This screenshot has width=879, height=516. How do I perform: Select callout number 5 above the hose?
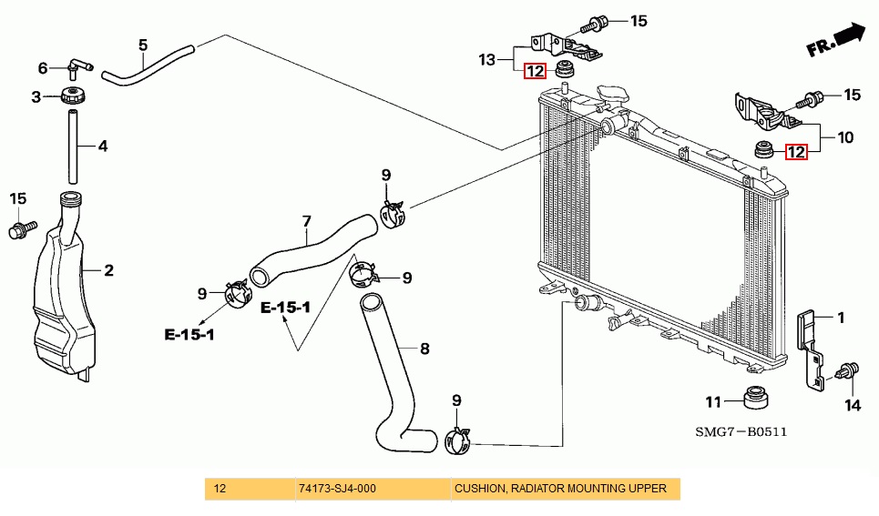(143, 45)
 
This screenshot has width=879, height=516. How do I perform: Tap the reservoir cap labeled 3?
(73, 95)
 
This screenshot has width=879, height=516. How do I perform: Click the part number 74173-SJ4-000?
(337, 489)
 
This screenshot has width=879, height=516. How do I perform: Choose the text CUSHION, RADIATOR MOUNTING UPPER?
(560, 489)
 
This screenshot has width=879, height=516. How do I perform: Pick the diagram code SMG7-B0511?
(741, 432)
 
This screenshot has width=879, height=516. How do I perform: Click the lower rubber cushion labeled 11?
(756, 397)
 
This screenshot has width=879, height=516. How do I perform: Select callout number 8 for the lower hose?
(424, 349)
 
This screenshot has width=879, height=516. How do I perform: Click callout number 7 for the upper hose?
(307, 222)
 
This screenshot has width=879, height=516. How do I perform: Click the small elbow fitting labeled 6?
(77, 66)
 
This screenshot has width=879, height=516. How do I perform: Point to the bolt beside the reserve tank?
(23, 229)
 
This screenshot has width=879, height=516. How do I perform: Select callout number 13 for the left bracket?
(487, 59)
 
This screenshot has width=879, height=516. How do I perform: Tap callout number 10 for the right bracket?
(845, 137)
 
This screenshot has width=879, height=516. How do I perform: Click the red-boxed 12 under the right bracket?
(796, 152)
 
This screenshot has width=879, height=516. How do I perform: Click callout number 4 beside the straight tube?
(103, 147)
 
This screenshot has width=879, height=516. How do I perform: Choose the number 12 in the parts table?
(220, 489)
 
